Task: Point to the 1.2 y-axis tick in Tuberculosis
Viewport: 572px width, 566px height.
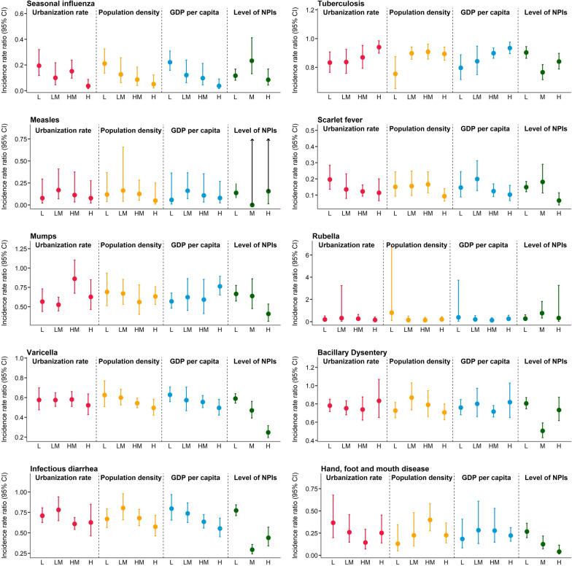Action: click(310, 9)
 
